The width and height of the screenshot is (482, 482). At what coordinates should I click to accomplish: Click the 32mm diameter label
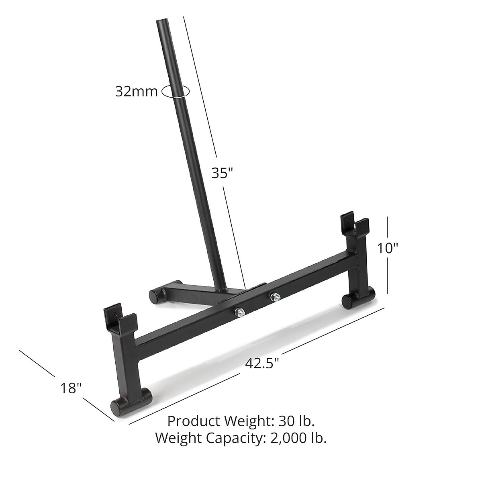pos(136,92)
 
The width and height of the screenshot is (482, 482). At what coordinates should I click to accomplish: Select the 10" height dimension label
pos(387,249)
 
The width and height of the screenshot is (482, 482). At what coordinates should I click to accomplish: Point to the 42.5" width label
pos(262,363)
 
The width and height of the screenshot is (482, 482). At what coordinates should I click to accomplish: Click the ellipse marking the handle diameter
pos(175,92)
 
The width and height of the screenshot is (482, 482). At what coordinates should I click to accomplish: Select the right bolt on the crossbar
pos(275,297)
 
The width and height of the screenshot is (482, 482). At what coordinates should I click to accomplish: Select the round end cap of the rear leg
pos(154,296)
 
